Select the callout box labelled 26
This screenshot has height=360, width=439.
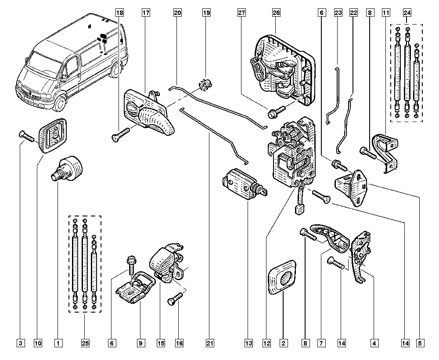click(x=276, y=13)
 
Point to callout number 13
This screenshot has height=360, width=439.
click(x=249, y=342)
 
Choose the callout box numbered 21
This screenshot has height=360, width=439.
click(x=209, y=342)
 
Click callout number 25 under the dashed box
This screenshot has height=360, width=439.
click(x=85, y=342)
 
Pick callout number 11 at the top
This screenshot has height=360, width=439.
click(x=386, y=13)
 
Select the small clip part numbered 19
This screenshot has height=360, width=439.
click(x=204, y=83)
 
